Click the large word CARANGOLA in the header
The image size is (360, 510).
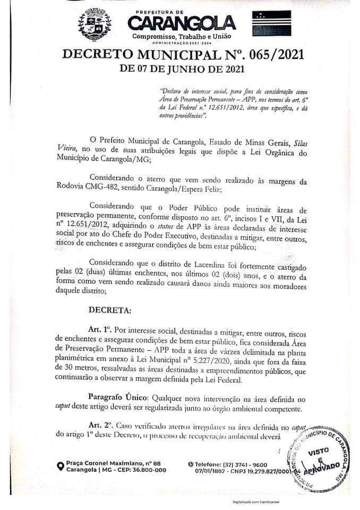point(182,23)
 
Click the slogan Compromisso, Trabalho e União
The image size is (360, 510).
point(182,35)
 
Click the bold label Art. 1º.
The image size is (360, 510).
point(101,330)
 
